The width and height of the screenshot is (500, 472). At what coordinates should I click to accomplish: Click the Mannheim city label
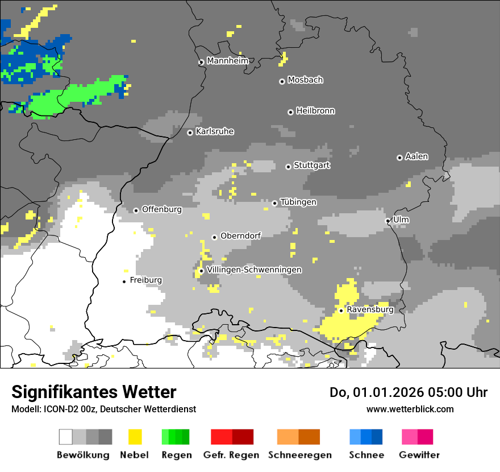[228, 61]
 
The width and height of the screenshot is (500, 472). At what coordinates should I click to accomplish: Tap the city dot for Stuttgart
[288, 167]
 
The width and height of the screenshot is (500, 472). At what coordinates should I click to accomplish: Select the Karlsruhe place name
[215, 131]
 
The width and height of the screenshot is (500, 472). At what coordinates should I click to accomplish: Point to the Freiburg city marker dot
[124, 281]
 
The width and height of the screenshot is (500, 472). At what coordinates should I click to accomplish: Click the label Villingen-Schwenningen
[254, 270]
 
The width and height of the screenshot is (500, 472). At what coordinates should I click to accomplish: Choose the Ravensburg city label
[370, 310]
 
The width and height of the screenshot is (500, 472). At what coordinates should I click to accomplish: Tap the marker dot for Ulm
[388, 221]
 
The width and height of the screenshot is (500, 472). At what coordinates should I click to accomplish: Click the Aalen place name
[416, 156]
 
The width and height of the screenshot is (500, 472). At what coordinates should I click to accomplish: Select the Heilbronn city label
[315, 111]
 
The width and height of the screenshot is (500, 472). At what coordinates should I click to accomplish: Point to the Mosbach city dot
[282, 81]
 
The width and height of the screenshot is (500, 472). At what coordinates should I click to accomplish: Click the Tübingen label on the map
[298, 202]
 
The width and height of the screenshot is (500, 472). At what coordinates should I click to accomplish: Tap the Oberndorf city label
[240, 236]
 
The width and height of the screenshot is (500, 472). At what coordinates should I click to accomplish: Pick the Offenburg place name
[161, 209]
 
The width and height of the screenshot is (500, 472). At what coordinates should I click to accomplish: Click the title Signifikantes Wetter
[94, 392]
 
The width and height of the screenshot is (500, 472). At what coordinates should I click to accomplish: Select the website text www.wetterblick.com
[410, 409]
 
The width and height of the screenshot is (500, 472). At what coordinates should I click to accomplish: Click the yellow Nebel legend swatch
[135, 437]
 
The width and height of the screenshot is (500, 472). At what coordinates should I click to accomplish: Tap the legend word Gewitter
[419, 455]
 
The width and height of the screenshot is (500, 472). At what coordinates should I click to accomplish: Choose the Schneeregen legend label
[299, 455]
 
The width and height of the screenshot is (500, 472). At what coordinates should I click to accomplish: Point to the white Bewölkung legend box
[66, 437]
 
